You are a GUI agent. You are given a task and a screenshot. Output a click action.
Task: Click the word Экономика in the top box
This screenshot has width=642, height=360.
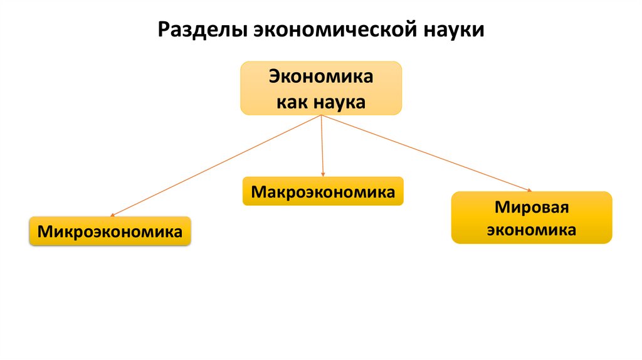[321, 77]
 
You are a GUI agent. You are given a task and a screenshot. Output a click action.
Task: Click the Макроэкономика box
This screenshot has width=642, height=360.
[323, 191]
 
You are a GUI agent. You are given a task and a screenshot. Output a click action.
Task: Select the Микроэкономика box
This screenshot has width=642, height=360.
[110, 231]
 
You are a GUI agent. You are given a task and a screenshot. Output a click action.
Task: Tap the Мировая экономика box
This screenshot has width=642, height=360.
[531, 218]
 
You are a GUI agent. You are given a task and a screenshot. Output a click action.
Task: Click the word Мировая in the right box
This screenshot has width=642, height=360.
[531, 206]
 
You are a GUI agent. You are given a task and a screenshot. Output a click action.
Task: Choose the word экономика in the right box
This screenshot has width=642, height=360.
[531, 230]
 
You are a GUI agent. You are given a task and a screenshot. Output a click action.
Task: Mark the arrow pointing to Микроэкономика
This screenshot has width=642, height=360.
[213, 166]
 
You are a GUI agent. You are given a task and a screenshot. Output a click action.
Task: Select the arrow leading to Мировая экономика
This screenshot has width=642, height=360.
[426, 153]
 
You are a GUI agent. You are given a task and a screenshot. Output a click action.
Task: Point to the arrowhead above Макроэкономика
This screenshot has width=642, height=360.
[323, 174]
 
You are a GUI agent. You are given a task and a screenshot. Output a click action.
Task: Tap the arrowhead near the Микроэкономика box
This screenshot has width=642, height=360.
[111, 214]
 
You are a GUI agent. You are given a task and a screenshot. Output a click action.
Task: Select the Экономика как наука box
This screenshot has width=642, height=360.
[321, 88]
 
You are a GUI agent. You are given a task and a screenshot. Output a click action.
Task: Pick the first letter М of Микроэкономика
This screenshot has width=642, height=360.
[43, 231]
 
